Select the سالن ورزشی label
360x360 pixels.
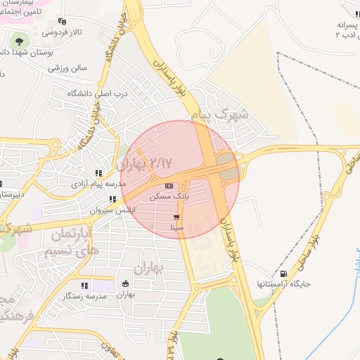coord(67,68)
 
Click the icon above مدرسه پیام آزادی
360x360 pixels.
coord(98,173)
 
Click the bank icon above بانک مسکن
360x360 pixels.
coord(168,186)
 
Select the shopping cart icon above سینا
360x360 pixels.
coord(176,217)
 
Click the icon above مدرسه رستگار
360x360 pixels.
coord(84,285)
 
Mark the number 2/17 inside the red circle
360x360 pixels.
coord(161,163)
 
